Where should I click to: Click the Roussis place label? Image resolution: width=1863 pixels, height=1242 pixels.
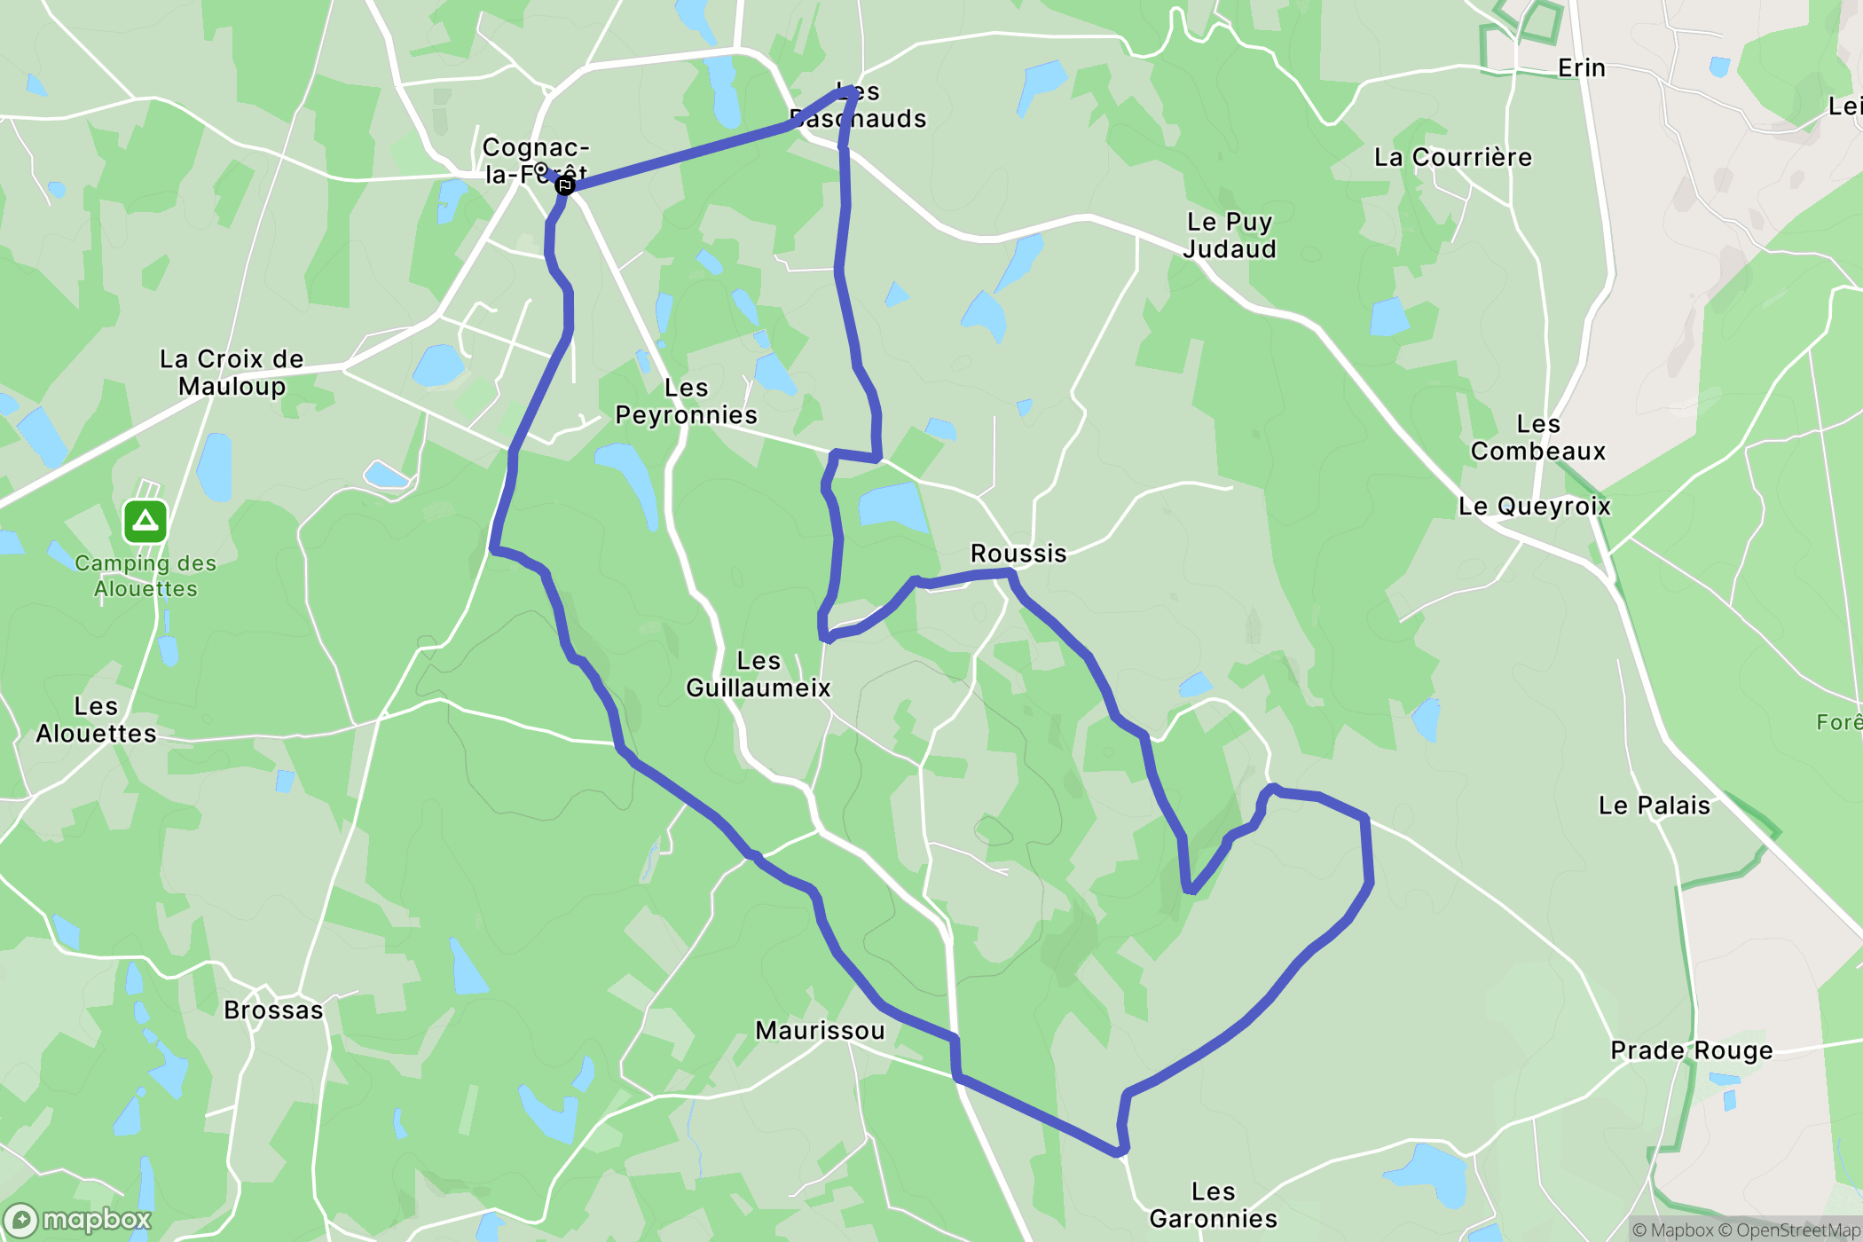[x=1018, y=554]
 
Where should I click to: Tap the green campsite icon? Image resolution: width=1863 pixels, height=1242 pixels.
[x=145, y=522]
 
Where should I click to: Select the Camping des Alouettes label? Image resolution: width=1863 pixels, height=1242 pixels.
[x=145, y=576]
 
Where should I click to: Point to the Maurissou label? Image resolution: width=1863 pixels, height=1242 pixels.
[x=820, y=1030]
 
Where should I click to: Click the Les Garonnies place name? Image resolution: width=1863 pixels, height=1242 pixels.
[x=1213, y=1205]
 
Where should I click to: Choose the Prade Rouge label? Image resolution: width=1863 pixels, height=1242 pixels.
[x=1691, y=1050]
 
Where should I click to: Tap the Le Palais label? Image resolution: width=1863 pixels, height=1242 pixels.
[x=1654, y=806]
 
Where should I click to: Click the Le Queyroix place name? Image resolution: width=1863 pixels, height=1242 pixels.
[x=1534, y=507]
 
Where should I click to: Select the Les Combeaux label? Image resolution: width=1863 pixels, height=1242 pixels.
[x=1537, y=437]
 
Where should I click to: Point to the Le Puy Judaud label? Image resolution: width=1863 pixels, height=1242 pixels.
[x=1230, y=235]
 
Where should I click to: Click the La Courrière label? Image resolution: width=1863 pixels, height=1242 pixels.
[x=1452, y=158]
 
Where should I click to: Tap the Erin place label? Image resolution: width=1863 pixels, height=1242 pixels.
[x=1581, y=68]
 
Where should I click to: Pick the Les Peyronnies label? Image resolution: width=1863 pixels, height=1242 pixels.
[x=686, y=402]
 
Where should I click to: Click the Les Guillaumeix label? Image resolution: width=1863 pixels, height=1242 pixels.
[x=758, y=674]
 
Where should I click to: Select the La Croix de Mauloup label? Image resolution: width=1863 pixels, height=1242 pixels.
[x=232, y=373]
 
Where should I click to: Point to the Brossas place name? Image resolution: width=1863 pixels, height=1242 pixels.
[x=273, y=1010]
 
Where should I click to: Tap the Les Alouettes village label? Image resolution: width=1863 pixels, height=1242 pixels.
[x=96, y=719]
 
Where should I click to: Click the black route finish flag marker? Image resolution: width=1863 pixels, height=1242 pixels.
[x=564, y=185]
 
